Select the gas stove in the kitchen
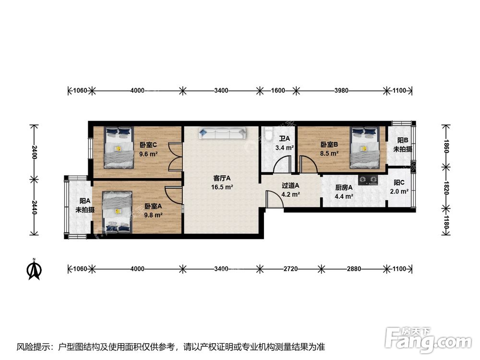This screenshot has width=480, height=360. (x=368, y=180)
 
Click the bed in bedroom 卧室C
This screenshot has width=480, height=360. (x=119, y=147)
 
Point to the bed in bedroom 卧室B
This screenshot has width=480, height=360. (x=365, y=147)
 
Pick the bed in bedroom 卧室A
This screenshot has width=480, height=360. (x=117, y=212)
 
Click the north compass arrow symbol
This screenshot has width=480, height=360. (x=35, y=269)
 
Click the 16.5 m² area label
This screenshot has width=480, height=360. (x=222, y=187)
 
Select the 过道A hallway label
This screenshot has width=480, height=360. (x=290, y=185)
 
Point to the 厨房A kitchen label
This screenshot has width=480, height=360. (x=344, y=187)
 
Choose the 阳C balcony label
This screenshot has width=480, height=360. (x=399, y=183)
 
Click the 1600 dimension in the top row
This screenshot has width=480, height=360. (x=278, y=91)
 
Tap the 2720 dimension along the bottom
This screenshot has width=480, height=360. (x=290, y=269)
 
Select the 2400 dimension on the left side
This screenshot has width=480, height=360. (x=34, y=151)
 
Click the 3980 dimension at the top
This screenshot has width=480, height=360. (x=341, y=91)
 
